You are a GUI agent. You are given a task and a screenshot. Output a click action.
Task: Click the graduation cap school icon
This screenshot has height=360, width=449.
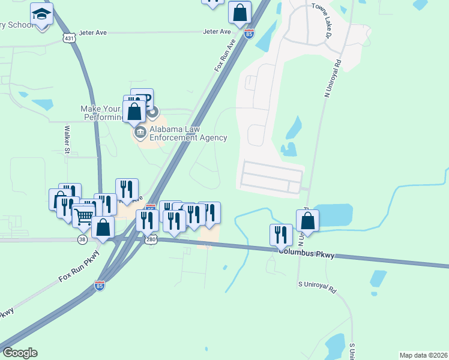(41, 14)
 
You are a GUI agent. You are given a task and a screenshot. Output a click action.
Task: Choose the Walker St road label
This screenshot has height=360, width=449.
(68, 139)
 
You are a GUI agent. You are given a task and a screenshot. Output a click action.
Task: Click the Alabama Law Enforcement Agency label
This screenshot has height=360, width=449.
(188, 133)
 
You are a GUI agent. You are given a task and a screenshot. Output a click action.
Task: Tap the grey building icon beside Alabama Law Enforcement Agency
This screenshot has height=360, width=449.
(140, 131)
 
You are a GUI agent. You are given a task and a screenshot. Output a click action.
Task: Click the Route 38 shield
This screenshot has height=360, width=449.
(82, 239)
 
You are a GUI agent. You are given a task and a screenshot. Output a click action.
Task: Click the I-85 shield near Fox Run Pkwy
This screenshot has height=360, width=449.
(100, 286)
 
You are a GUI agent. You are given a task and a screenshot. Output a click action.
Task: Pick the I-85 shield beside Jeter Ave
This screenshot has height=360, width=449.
(249, 33)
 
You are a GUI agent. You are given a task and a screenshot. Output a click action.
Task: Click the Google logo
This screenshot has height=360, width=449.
(20, 353)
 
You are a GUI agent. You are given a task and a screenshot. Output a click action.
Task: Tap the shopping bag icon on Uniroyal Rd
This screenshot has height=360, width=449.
(307, 220)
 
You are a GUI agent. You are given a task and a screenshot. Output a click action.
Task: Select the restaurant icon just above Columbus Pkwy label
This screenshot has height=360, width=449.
(281, 235)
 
